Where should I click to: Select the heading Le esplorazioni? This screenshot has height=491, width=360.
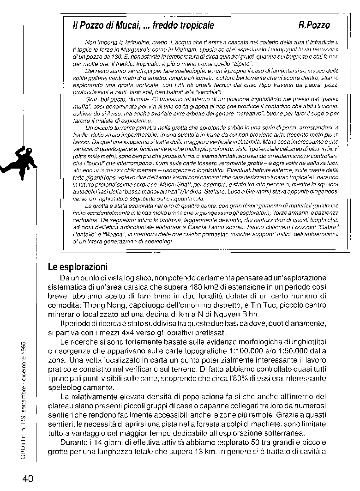[78, 267]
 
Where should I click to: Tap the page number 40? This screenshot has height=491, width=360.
[27, 479]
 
